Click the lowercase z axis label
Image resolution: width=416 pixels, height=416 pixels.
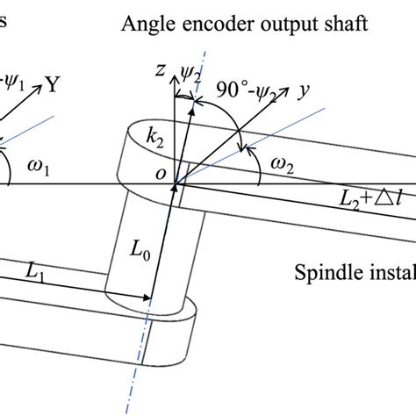[161, 73]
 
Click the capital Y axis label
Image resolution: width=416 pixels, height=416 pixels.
[53, 85]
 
